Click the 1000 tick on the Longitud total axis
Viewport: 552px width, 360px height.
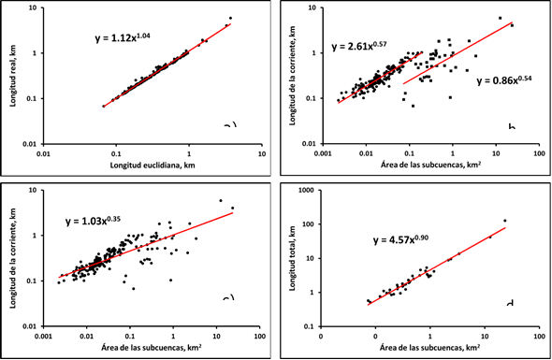coord(309,190)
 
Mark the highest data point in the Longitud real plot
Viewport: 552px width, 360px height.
coord(230,19)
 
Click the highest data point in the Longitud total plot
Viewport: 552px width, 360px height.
coord(504,221)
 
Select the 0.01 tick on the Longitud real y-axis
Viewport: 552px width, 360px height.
coord(31,142)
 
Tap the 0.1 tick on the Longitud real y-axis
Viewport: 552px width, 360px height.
coord(34,97)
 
